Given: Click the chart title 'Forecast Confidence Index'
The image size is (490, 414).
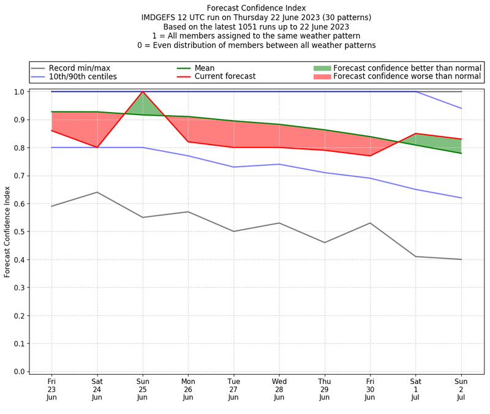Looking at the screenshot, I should point(256,8).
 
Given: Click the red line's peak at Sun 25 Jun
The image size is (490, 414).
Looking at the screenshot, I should point(143,92).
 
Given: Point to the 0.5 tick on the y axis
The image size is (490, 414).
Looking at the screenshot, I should point(18,231).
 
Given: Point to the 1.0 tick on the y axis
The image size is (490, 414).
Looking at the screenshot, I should point(18,92).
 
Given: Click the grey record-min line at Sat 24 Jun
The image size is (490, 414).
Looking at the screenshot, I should point(97,192).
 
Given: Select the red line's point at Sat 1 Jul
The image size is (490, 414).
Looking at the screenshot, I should point(416,134).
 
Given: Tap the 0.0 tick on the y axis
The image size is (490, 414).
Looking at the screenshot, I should point(18,372).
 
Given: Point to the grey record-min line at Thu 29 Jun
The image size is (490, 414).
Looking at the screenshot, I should point(325,243).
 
